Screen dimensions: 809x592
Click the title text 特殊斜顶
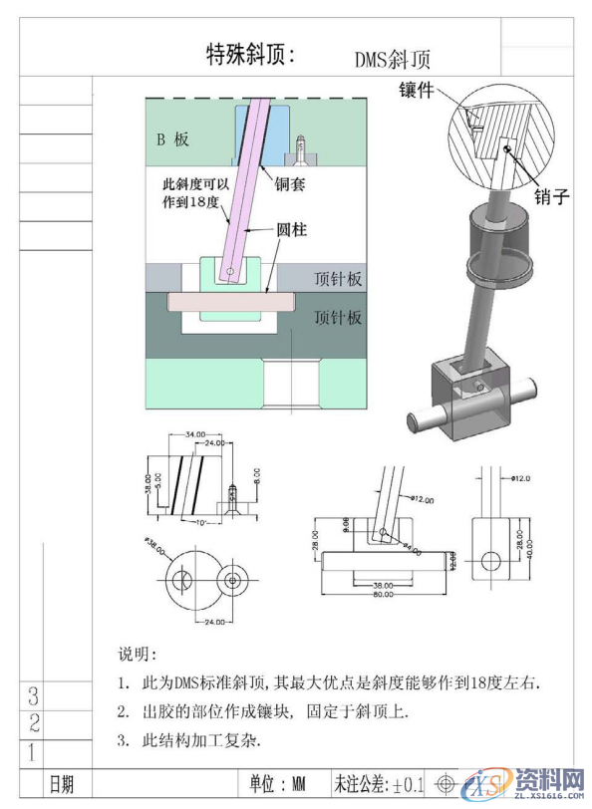[250, 54]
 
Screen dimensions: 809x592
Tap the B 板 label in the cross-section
[171, 139]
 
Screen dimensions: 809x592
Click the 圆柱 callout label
[292, 230]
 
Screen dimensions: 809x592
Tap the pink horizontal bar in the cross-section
[230, 299]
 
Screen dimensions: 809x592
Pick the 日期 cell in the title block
[61, 784]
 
